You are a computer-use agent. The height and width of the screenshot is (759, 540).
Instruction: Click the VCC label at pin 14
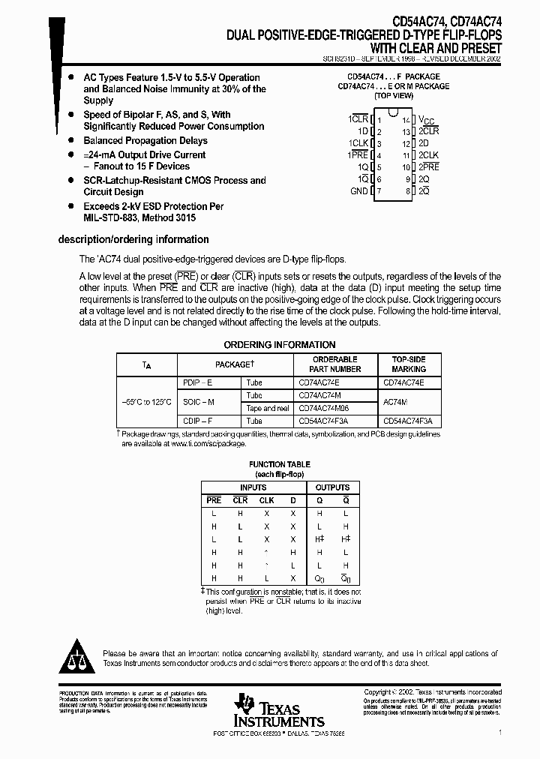(426, 120)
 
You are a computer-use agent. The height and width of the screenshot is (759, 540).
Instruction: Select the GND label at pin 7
(359, 191)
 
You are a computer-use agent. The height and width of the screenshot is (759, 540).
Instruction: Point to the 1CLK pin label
(358, 143)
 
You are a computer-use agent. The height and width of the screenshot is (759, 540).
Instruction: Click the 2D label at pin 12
(424, 143)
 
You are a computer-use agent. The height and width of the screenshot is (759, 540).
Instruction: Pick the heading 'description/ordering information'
(133, 240)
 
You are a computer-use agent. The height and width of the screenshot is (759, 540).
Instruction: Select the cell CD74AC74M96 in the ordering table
(324, 408)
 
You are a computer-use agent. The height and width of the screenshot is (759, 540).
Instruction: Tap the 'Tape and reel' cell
(268, 408)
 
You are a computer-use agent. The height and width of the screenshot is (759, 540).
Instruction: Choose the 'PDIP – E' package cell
(198, 382)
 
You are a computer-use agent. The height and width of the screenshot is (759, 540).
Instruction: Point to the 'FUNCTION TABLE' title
(279, 465)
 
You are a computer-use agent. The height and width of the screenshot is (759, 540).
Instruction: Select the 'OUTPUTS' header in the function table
(332, 487)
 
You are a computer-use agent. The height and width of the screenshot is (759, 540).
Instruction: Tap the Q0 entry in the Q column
(320, 578)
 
